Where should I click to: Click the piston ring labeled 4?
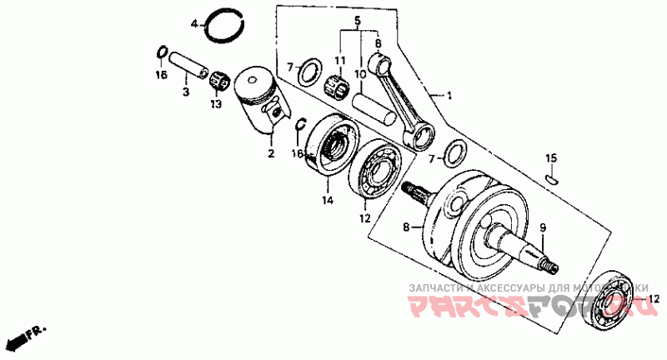(222, 30)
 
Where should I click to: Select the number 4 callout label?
(193, 24)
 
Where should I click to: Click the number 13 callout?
(216, 104)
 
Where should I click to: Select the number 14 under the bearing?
(327, 201)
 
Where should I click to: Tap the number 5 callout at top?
(357, 20)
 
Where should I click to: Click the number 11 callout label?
(339, 61)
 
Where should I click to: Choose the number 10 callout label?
(360, 74)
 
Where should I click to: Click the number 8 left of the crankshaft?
(407, 226)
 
